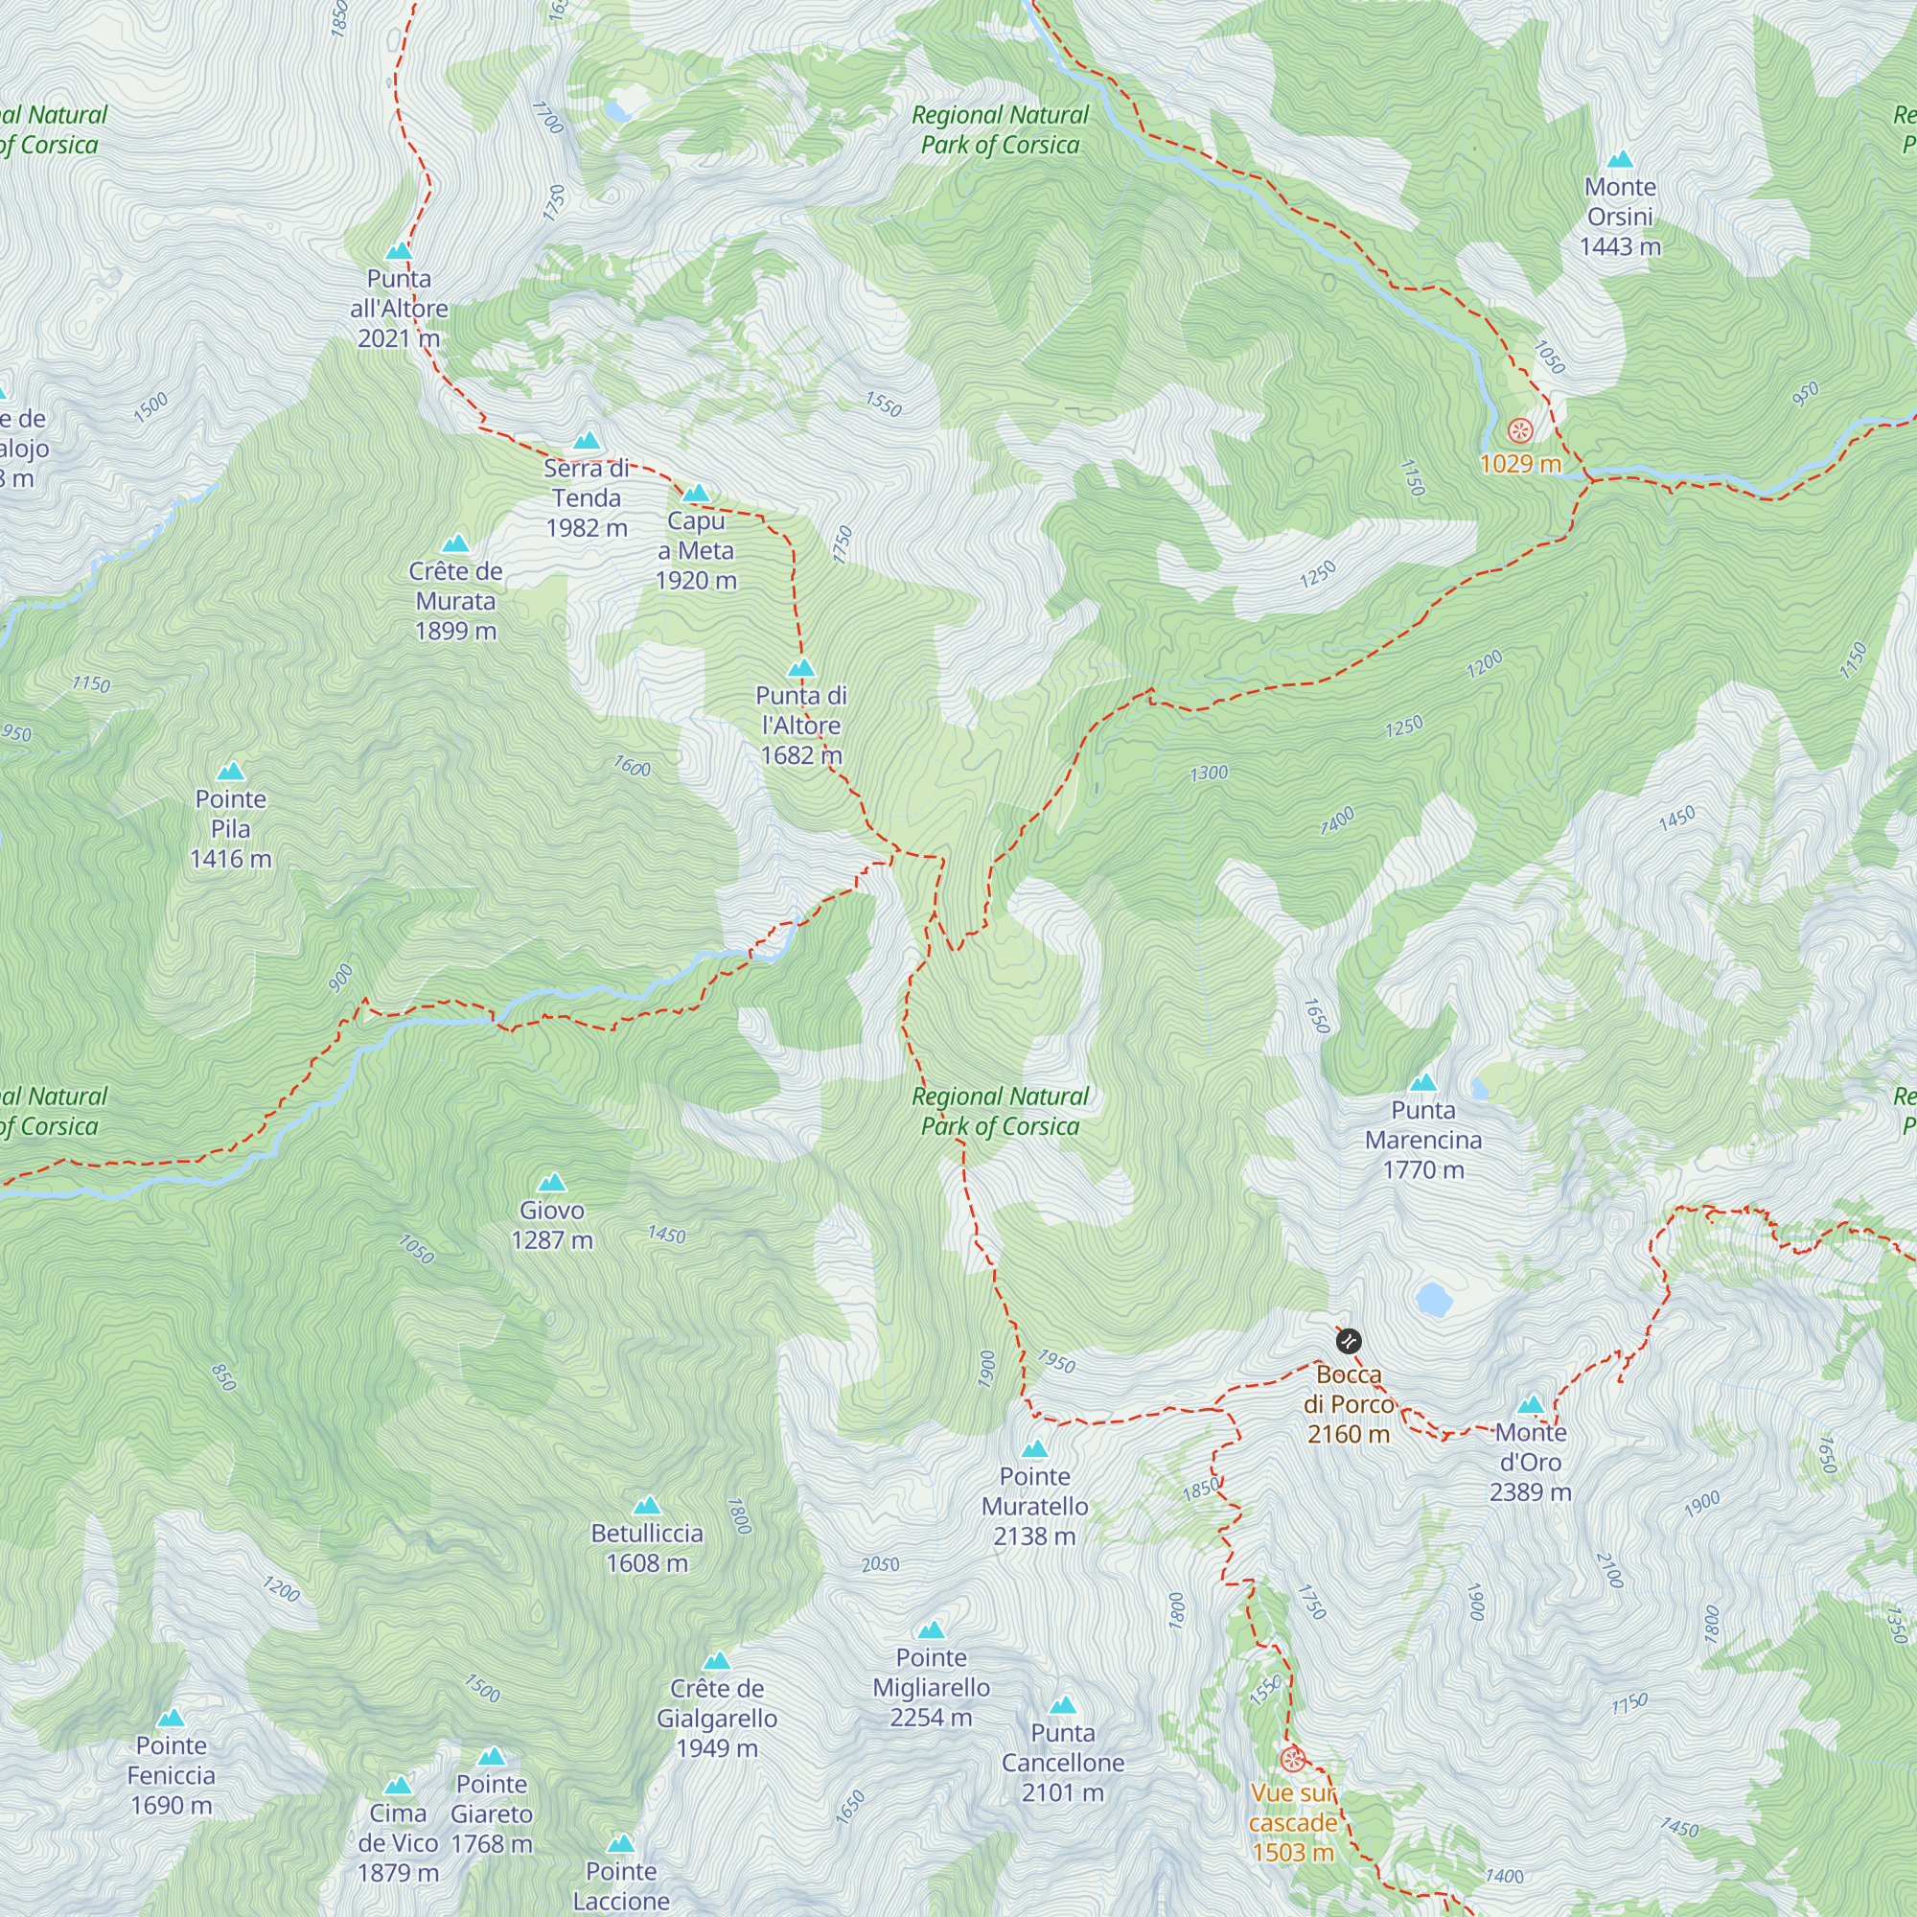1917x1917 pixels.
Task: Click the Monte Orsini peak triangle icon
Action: tap(1619, 160)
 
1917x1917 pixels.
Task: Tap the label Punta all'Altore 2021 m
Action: tap(399, 309)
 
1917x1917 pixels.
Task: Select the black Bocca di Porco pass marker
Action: tap(1349, 1343)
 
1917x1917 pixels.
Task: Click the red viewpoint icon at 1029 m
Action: tap(1519, 430)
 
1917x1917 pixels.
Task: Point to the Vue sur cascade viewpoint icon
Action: tap(1292, 1759)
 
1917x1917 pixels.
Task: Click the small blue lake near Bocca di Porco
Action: tap(1434, 1298)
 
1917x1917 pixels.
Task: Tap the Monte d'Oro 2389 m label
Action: tap(1530, 1462)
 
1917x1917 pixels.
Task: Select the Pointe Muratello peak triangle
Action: tap(1034, 1449)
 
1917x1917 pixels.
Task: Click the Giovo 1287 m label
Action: tap(552, 1224)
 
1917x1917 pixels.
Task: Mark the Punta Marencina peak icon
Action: tap(1422, 1082)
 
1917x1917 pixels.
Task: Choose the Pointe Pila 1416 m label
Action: tap(230, 828)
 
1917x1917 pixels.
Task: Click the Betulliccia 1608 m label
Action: tap(647, 1548)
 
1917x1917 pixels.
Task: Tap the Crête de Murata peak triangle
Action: tap(455, 543)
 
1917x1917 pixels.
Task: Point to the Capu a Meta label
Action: tap(696, 551)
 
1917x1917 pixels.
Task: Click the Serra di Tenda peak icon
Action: tap(587, 441)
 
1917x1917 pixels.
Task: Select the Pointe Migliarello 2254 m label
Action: tap(931, 1687)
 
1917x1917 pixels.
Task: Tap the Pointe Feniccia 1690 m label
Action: tap(171, 1775)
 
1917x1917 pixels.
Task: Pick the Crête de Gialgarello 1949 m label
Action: tap(716, 1718)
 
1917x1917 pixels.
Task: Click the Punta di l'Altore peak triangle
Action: tap(800, 668)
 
